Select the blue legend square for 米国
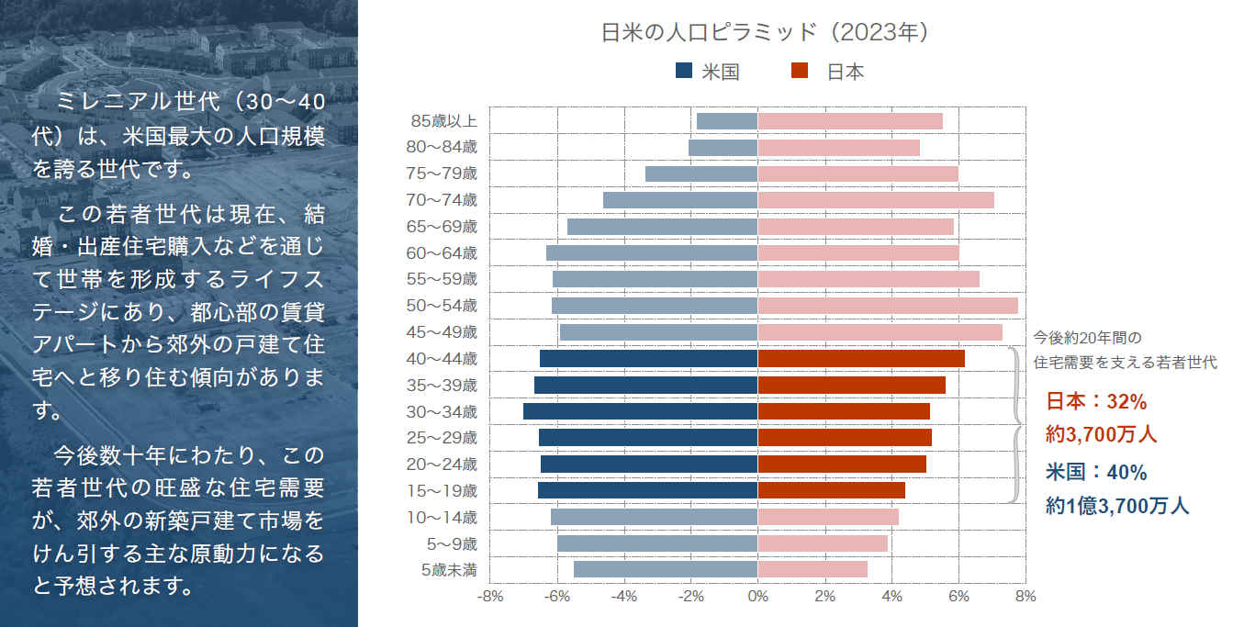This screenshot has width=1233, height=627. (684, 71)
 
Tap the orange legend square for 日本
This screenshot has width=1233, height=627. (799, 71)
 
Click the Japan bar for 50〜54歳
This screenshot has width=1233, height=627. (887, 306)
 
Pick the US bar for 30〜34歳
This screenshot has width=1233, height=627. (640, 411)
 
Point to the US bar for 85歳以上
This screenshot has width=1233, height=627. (727, 121)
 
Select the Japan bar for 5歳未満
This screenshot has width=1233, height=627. (813, 569)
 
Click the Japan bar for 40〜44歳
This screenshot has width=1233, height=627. (861, 358)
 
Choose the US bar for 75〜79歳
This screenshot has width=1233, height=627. (701, 174)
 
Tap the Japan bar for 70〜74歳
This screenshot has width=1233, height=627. (876, 200)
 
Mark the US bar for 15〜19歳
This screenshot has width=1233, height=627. (647, 490)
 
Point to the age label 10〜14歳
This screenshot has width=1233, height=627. (443, 518)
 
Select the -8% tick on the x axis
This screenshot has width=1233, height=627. (490, 597)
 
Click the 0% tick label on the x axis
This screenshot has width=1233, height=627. (757, 597)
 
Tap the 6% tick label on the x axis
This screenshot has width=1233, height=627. (958, 597)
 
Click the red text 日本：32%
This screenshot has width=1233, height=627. (1097, 402)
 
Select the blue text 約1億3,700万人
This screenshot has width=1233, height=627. (1117, 505)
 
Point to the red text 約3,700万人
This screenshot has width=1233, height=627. (1102, 434)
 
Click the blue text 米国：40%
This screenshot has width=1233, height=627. (1097, 473)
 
